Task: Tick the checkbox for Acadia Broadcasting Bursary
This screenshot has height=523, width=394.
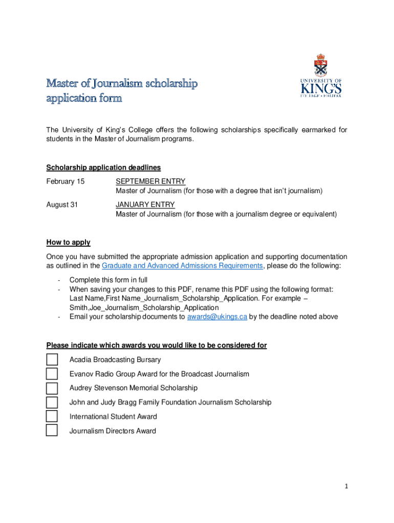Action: coord(52,360)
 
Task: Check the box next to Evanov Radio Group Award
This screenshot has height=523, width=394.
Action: coord(52,374)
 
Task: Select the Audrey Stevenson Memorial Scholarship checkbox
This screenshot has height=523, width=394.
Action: coord(52,388)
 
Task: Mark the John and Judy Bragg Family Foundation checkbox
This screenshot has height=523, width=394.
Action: coord(52,402)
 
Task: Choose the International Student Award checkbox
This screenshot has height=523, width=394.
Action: coord(52,416)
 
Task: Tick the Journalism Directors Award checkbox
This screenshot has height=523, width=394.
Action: coord(52,431)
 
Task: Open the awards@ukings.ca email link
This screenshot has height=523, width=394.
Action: coord(217,317)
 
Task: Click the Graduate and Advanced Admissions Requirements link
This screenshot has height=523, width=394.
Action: coord(182,266)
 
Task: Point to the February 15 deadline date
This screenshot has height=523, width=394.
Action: coord(65,181)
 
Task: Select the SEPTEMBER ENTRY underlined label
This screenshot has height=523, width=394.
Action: coord(150,181)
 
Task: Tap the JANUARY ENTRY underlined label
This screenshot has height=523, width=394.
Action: coord(145,205)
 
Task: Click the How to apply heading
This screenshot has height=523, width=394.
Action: coord(68,243)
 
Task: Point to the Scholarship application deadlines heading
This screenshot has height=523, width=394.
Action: coord(103,168)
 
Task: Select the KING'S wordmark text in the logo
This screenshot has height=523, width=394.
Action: coord(321,89)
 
